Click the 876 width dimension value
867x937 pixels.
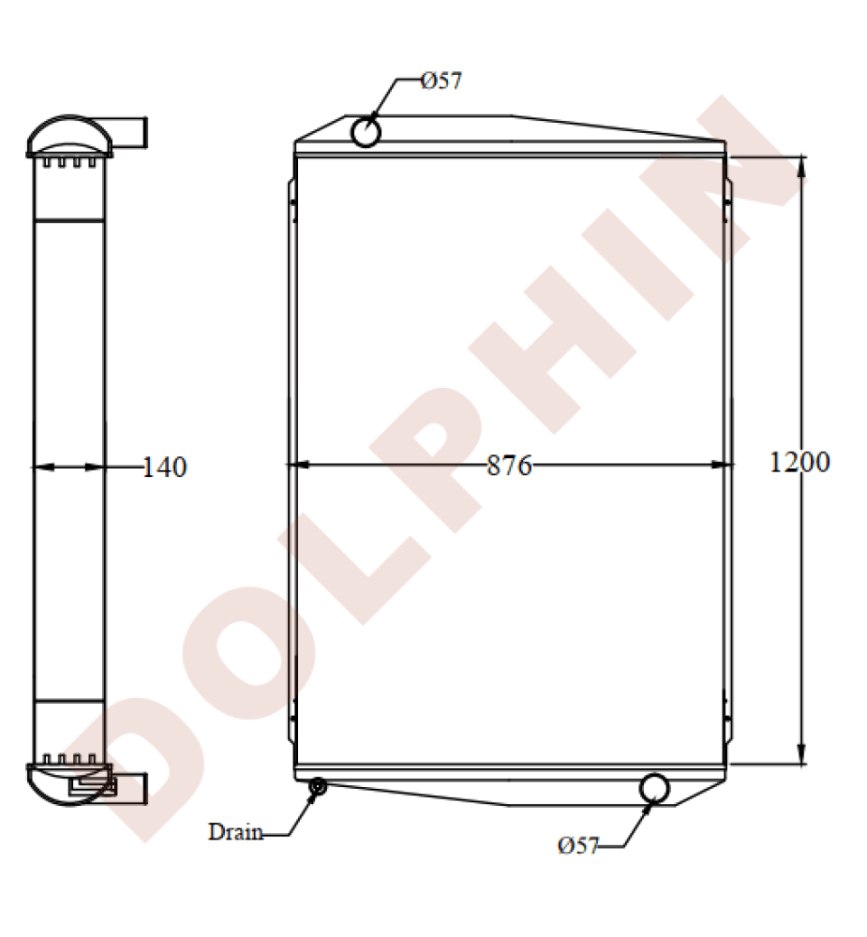click(509, 466)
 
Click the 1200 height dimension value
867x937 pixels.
click(799, 462)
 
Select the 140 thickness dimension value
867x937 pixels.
click(165, 467)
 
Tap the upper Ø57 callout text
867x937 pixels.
click(441, 81)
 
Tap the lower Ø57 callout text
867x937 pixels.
click(577, 846)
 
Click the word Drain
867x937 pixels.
click(235, 831)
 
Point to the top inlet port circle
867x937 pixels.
click(366, 132)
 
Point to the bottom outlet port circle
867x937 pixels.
click(654, 789)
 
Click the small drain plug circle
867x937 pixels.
click(317, 786)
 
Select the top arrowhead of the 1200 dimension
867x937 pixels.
click(801, 165)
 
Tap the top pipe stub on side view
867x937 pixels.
click(131, 132)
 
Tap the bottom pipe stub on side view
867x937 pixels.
click(131, 788)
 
